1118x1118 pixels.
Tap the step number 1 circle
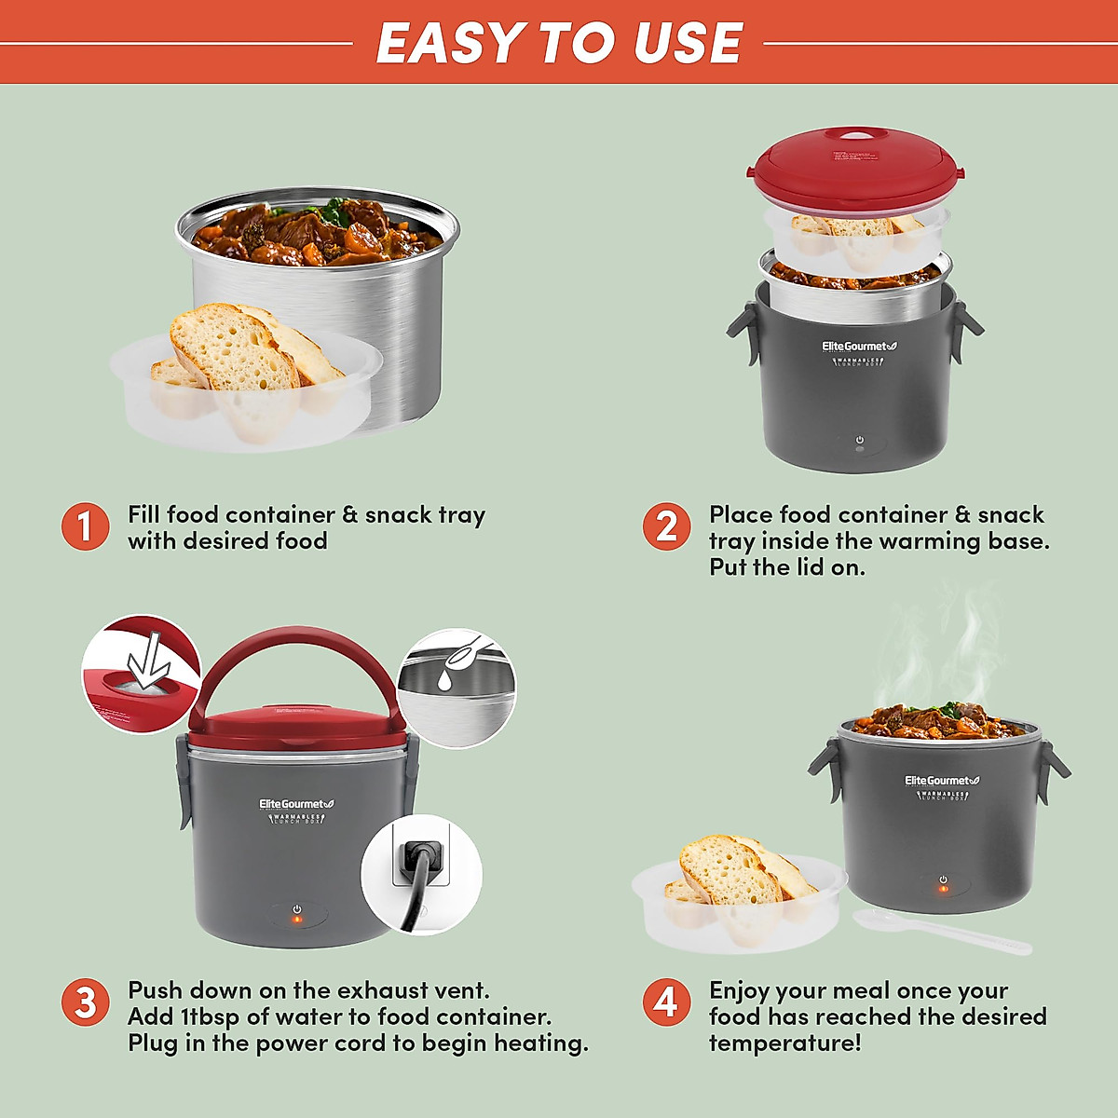(86, 526)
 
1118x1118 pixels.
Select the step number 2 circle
(666, 526)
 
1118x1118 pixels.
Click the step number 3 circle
(86, 1002)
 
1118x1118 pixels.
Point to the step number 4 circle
(666, 1002)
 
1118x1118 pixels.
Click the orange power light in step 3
(297, 920)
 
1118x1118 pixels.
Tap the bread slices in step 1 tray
(242, 354)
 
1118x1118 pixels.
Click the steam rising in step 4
(932, 652)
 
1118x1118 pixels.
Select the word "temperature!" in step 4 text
(784, 1043)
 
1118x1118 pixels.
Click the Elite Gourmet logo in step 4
(942, 781)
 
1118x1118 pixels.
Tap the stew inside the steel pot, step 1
(317, 233)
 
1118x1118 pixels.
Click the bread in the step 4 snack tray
(736, 871)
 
